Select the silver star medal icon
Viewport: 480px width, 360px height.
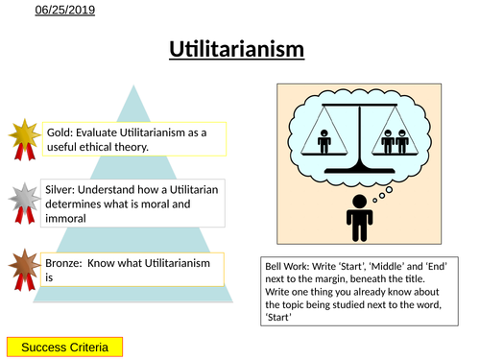tap(24, 199)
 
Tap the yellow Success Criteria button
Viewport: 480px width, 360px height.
tap(65, 346)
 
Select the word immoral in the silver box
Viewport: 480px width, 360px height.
tap(64, 218)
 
